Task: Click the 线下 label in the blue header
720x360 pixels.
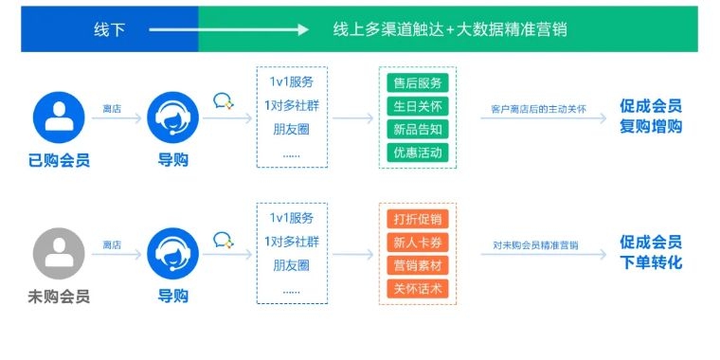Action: click(x=108, y=29)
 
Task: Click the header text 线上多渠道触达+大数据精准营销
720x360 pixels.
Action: click(x=450, y=29)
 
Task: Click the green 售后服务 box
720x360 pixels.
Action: click(x=417, y=82)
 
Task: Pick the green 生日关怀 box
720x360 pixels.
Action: click(x=417, y=106)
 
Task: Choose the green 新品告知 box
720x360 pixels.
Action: click(x=417, y=129)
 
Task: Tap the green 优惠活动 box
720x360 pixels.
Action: click(x=417, y=152)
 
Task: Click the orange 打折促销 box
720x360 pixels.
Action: click(x=417, y=219)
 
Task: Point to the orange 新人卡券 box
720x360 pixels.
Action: click(x=417, y=243)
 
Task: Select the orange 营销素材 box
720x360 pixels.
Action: click(x=417, y=265)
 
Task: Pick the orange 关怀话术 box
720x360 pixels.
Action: click(x=417, y=288)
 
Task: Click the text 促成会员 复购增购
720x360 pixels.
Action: click(x=651, y=117)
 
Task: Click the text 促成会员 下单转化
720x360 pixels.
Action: click(x=651, y=252)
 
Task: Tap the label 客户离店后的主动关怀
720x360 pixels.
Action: click(x=539, y=110)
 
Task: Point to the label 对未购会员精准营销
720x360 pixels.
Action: click(x=535, y=245)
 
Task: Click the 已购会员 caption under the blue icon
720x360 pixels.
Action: click(x=59, y=161)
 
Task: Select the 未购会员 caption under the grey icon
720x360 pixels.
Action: click(x=59, y=297)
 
